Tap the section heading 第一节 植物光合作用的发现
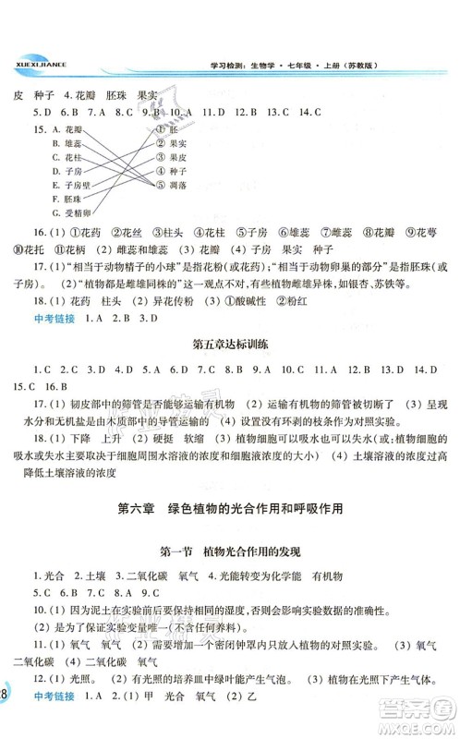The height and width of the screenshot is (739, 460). point(229,551)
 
